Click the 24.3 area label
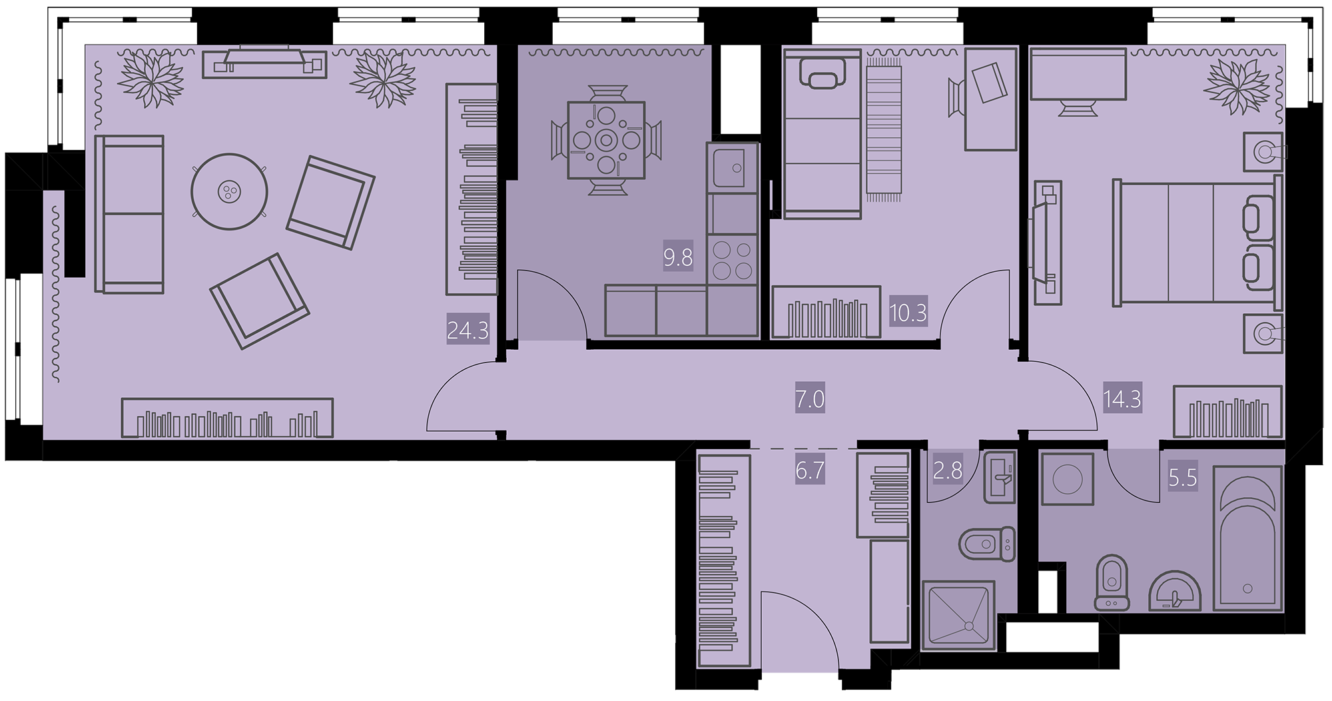pyautogui.click(x=468, y=330)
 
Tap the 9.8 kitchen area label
pyautogui.click(x=678, y=257)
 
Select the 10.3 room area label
pyautogui.click(x=908, y=312)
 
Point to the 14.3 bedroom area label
pyautogui.click(x=1123, y=399)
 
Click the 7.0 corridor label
pyautogui.click(x=810, y=399)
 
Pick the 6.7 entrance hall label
pyautogui.click(x=810, y=470)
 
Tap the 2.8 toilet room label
pyautogui.click(x=948, y=470)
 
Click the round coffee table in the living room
pyautogui.click(x=230, y=192)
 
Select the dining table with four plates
pyautogui.click(x=606, y=140)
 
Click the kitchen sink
pyautogui.click(x=733, y=168)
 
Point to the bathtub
pyautogui.click(x=1247, y=538)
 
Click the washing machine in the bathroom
pyautogui.click(x=1068, y=479)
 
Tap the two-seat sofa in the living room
pyautogui.click(x=129, y=214)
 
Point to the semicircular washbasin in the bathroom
pyautogui.click(x=1175, y=592)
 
